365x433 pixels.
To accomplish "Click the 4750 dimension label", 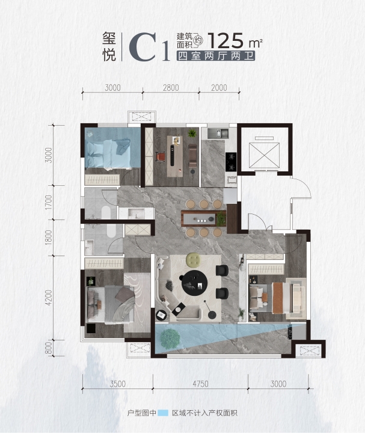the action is click(200, 384).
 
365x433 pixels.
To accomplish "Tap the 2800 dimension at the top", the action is click(171, 88).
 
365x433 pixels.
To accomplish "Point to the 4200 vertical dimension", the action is click(49, 298).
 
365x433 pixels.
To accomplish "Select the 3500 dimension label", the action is click(118, 384).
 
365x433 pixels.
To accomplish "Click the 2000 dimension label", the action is click(219, 88).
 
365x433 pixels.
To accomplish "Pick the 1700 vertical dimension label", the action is click(49, 202).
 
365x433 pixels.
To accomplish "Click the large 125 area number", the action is click(225, 41).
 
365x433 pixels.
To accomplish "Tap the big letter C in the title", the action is click(143, 47).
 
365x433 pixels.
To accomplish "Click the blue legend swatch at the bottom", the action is click(162, 413).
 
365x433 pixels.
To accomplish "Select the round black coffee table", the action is click(195, 283).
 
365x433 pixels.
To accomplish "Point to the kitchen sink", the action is click(218, 134).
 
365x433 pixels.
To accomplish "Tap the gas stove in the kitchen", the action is click(231, 162).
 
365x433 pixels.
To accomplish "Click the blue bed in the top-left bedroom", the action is click(108, 153).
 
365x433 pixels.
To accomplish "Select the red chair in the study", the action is click(161, 157).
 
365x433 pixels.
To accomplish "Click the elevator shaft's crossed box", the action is click(264, 155).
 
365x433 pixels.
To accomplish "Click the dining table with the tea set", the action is click(203, 218).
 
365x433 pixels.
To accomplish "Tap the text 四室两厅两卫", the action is click(215, 56).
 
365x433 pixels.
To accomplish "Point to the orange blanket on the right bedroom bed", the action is click(277, 298).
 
